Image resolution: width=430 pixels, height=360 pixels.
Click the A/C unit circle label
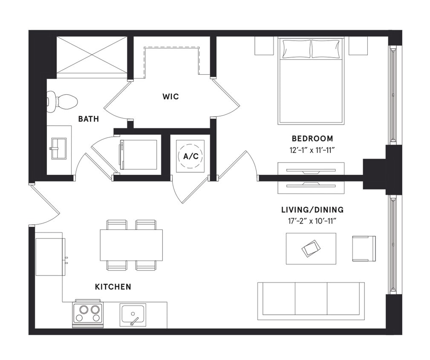190,157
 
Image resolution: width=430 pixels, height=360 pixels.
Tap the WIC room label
170,97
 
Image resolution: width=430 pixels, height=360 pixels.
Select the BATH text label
88,119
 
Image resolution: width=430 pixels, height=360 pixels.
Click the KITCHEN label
113,287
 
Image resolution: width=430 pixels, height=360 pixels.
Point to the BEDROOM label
312,139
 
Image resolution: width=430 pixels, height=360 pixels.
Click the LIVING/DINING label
312,210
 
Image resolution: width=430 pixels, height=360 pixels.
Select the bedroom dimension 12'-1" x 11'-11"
312,150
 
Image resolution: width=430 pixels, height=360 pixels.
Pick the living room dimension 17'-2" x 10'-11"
312,221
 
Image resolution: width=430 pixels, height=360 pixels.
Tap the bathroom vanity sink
59,148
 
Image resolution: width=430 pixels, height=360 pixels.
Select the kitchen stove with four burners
88,314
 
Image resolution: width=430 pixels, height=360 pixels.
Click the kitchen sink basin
133,314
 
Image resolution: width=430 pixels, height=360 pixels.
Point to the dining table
131,245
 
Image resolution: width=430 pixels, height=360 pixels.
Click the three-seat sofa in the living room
311,301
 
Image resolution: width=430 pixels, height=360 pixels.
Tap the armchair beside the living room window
364,248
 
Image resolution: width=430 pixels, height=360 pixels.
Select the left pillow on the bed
296,49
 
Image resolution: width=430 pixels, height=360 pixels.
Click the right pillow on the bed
326,49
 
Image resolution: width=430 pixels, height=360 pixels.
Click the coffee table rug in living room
311,249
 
